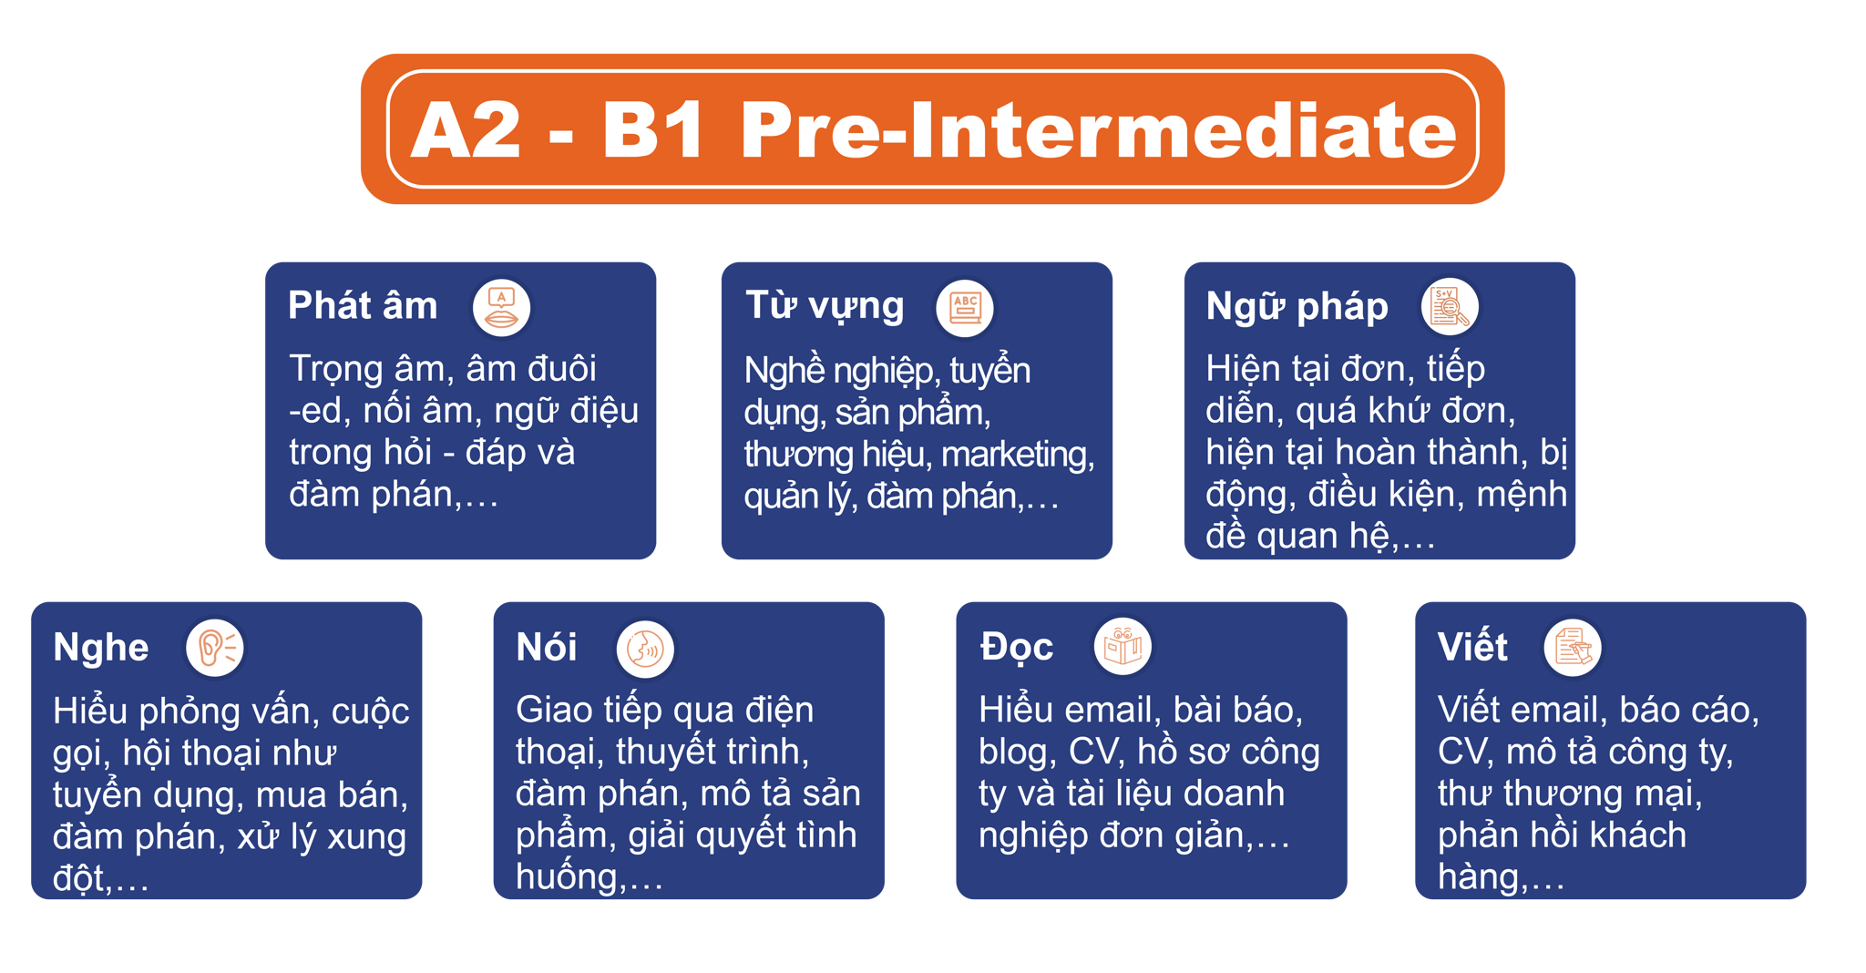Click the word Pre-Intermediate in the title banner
pos(1099,130)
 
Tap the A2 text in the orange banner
pos(466,130)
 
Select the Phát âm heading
pos(363,305)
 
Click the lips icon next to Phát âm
pos(501,308)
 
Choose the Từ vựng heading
pos(825,306)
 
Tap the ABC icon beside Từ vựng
pos(965,308)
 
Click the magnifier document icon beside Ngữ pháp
pos(1450,306)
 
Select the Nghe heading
pos(101,648)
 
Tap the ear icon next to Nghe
pos(215,648)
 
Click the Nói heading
pos(547,648)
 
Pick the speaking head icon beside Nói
pos(645,650)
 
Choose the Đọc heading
pos(1017,647)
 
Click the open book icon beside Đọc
pos(1123,647)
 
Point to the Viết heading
pos(1472,647)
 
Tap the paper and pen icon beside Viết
pos(1573,648)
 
